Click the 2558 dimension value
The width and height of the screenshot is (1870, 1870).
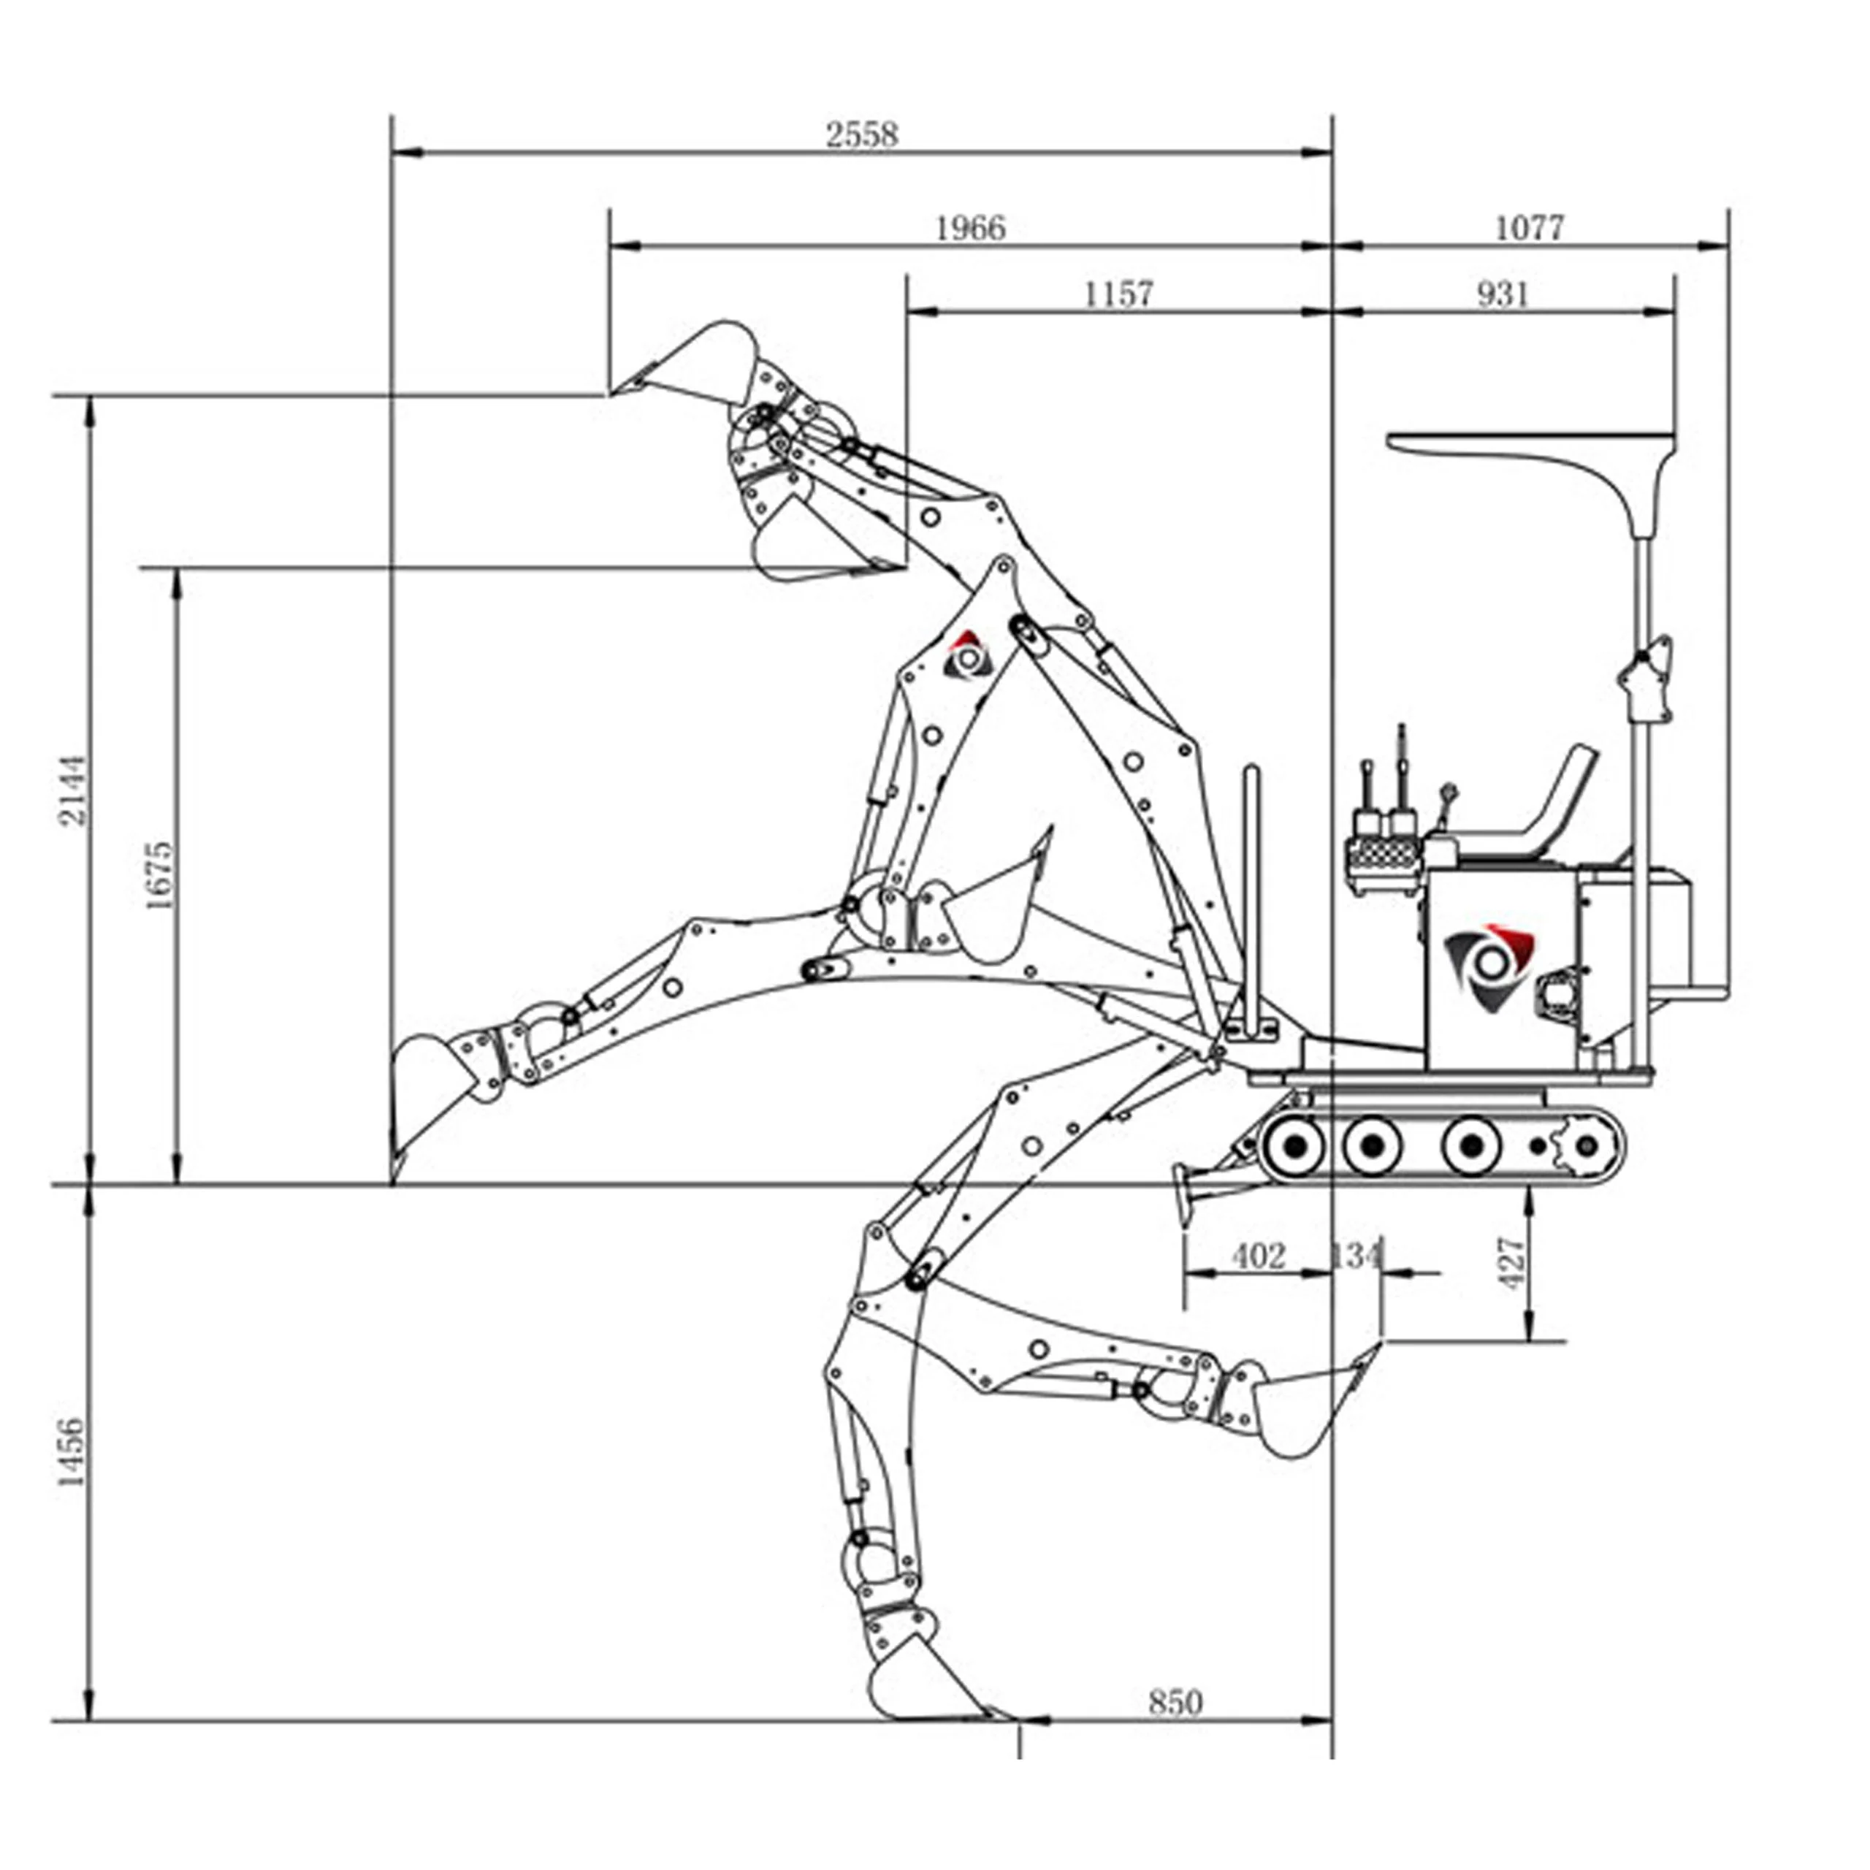(861, 134)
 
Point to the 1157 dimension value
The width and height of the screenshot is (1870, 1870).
(1119, 293)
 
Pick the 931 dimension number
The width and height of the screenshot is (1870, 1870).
(1503, 293)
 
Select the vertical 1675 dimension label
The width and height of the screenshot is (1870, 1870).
(158, 875)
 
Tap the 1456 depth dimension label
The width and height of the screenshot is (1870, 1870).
(72, 1452)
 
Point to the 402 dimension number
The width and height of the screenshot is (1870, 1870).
(1259, 1256)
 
